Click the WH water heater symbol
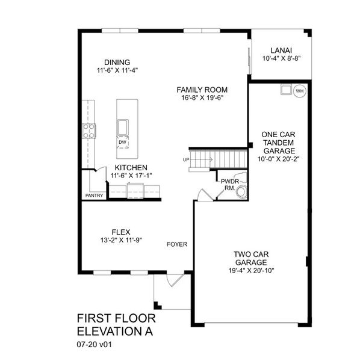tap(300, 91)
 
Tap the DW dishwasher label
tap(122, 142)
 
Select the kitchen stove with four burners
tap(88, 131)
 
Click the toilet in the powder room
tap(241, 193)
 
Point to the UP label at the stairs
tap(187, 159)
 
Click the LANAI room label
tap(281, 51)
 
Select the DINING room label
tap(117, 61)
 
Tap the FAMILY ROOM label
tap(202, 89)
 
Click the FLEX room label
tap(121, 231)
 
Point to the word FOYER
tap(177, 244)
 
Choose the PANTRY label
tap(95, 196)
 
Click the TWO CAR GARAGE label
tap(251, 258)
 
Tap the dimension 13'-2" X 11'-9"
tap(121, 239)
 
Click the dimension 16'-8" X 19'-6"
tap(202, 97)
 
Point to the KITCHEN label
tap(131, 167)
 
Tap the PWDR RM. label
tap(229, 184)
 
